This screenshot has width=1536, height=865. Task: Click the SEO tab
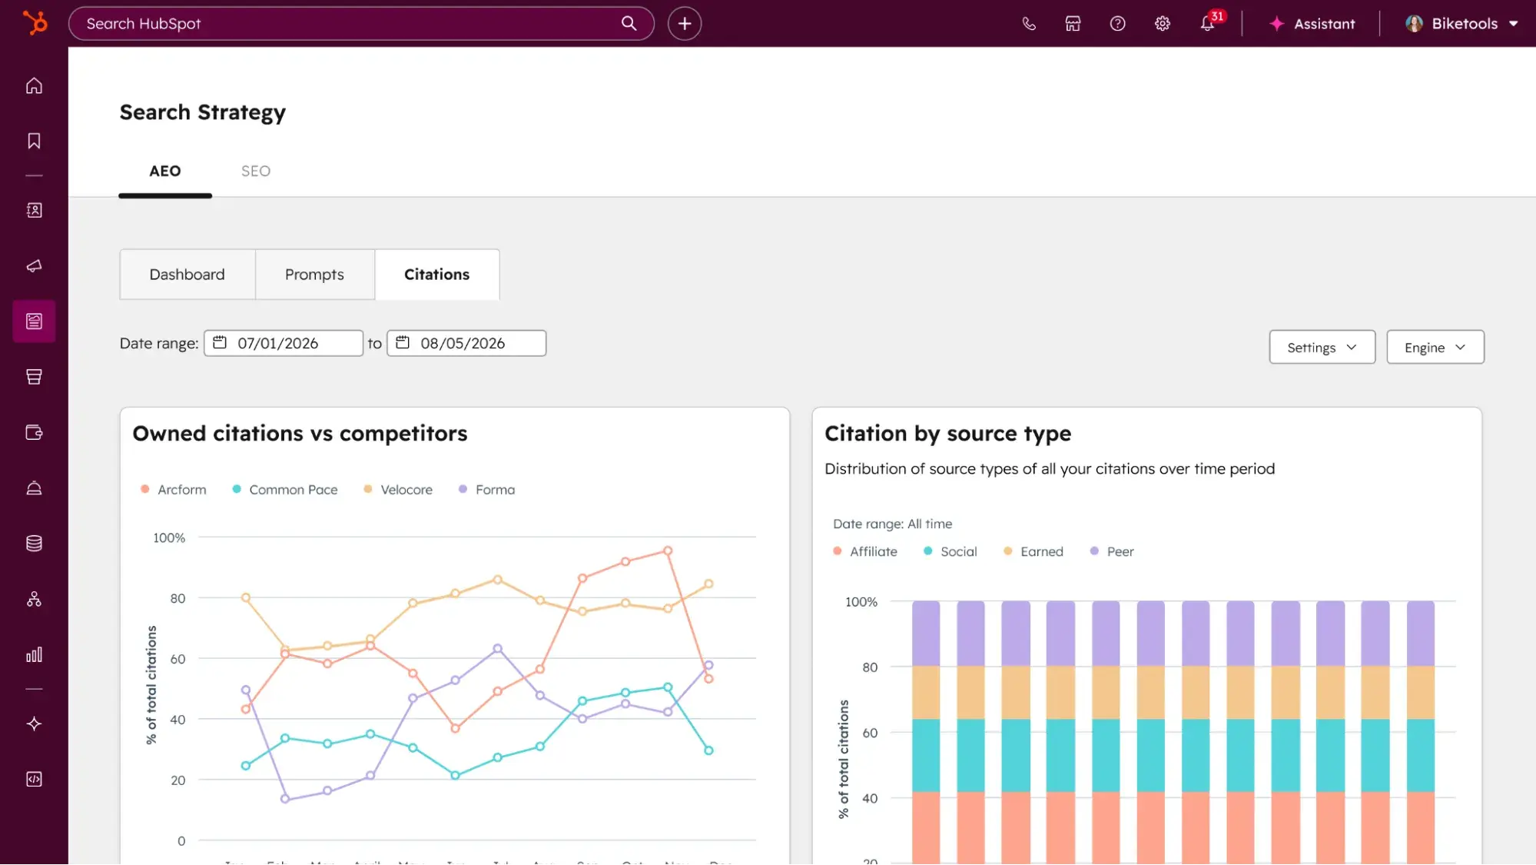(255, 171)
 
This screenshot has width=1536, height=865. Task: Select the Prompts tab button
(314, 274)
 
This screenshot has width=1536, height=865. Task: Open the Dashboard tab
(187, 274)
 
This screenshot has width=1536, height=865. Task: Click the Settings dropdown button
(1322, 348)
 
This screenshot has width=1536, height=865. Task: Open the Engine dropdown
(1435, 348)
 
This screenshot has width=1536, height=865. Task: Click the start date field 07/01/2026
(283, 343)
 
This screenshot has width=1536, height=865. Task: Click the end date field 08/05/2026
(466, 343)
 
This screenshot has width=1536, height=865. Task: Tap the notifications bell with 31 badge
(1208, 24)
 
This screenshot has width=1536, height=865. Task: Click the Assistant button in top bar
(1312, 24)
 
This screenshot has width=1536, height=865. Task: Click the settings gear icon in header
(1163, 24)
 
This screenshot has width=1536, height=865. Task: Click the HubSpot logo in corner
(35, 23)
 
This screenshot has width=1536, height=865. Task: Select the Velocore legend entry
(406, 490)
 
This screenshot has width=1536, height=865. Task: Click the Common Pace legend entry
(293, 490)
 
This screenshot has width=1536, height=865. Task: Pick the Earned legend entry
(1041, 551)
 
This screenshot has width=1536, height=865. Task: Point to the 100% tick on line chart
(169, 537)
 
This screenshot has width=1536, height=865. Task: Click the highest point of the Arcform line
(668, 551)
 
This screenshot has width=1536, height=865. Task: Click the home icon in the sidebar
(34, 85)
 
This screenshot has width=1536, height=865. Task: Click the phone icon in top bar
(1029, 24)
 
